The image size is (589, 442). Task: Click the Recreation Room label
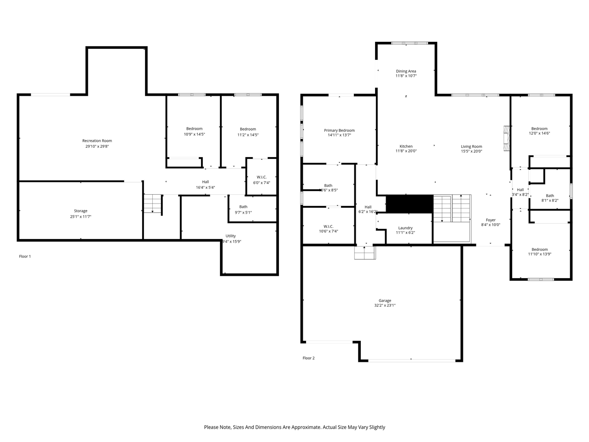[97, 141]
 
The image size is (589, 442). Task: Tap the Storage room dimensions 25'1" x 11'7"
[81, 217]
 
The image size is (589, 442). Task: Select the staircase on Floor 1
[153, 204]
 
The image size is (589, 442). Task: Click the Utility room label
[231, 236]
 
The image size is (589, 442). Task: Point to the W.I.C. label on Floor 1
[261, 177]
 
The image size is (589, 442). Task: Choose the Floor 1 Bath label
[243, 207]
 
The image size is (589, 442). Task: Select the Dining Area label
[406, 71]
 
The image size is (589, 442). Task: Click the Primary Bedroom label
[339, 130]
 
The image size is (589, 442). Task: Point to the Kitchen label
[406, 146]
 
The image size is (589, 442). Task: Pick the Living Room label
[472, 146]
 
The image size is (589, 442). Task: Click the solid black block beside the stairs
[409, 204]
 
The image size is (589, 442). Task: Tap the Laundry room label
[405, 228]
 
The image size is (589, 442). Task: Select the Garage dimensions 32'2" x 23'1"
[385, 306]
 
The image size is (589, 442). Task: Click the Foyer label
[491, 220]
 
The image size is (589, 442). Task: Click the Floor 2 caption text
[309, 358]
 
